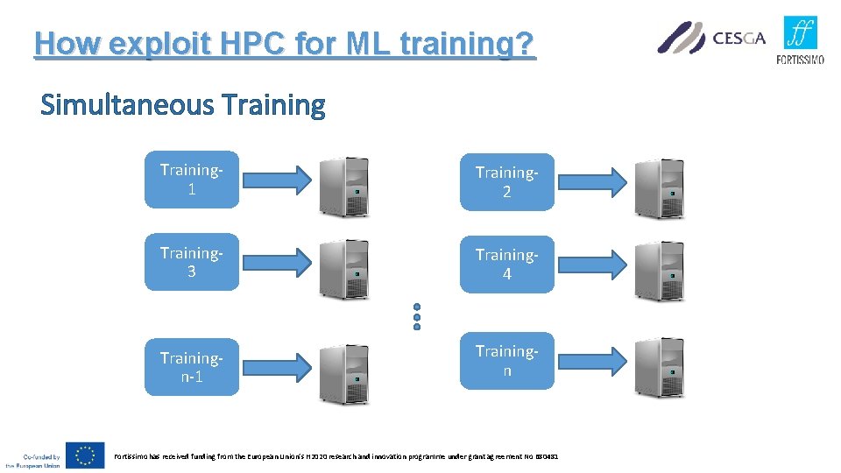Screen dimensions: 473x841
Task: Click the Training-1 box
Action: [191, 180]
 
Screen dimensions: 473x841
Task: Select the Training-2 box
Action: [507, 182]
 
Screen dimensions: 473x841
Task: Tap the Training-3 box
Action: [191, 262]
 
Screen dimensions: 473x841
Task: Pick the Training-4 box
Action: [507, 264]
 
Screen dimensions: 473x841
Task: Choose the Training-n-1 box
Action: [191, 367]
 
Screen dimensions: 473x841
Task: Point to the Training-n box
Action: [507, 360]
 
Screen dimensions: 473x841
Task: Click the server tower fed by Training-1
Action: [344, 187]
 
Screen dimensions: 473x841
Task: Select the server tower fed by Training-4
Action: [659, 269]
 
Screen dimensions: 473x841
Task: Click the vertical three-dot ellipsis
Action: [417, 316]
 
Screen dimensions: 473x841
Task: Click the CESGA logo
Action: [711, 38]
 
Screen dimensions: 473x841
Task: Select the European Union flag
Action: [85, 455]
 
